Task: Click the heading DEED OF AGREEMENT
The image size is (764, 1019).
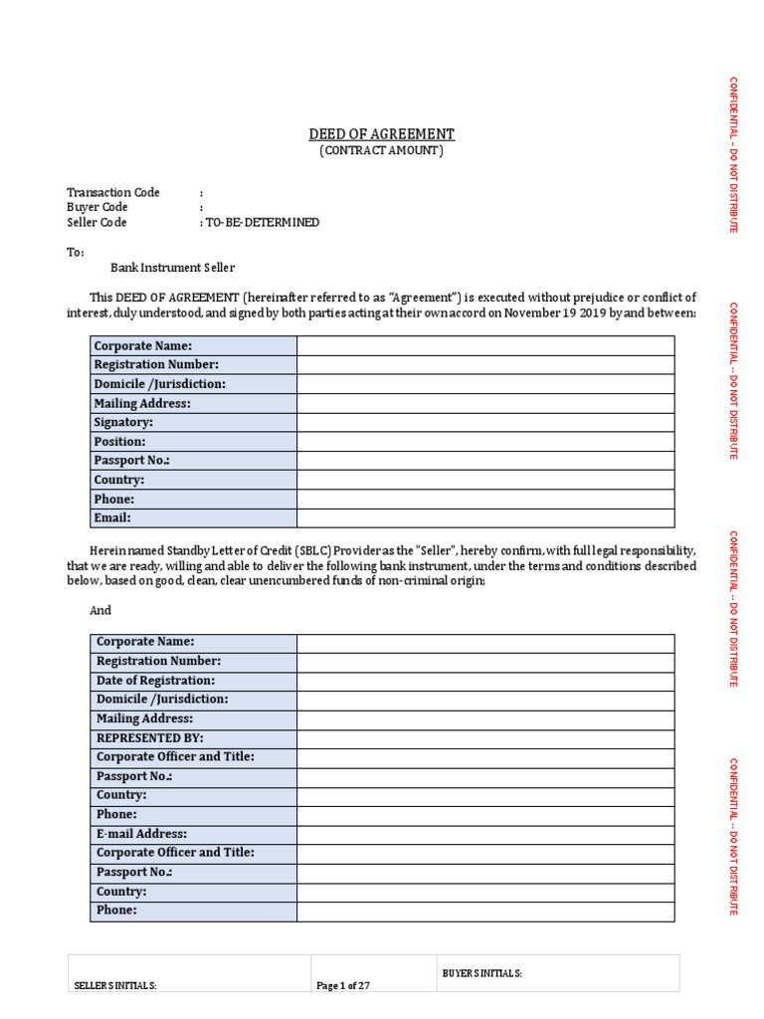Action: click(381, 134)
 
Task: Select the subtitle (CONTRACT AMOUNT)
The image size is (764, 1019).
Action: click(381, 151)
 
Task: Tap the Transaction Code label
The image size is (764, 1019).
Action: click(112, 192)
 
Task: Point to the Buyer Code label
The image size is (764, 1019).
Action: click(96, 207)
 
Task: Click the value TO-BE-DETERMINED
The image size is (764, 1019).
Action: click(263, 223)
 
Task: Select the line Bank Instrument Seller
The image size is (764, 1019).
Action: click(172, 268)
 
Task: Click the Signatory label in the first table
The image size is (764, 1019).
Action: click(123, 422)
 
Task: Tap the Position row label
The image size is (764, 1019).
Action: click(119, 441)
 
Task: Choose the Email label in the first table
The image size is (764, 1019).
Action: click(112, 517)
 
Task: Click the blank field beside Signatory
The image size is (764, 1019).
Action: click(484, 422)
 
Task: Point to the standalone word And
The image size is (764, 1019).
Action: click(100, 610)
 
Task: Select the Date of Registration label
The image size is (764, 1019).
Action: click(155, 681)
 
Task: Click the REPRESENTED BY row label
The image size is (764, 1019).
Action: click(149, 737)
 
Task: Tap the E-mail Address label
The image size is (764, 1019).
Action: click(141, 834)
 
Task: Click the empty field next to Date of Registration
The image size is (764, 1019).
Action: click(484, 681)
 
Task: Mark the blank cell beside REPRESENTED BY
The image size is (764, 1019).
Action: click(484, 737)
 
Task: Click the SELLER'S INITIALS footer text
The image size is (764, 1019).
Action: click(115, 985)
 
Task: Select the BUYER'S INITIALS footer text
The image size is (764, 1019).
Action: click(482, 972)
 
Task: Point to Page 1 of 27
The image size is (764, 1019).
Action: click(343, 985)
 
